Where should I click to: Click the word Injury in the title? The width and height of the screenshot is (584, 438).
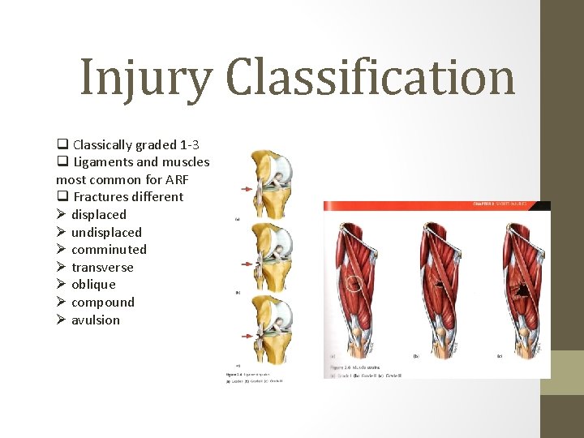(x=147, y=79)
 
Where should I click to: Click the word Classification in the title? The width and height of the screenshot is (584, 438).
(x=371, y=79)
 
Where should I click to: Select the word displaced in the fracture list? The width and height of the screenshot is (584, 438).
(x=99, y=214)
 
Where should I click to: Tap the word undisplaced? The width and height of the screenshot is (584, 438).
(x=106, y=232)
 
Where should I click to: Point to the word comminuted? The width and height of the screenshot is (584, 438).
(x=109, y=249)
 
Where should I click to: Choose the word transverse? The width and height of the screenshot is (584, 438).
(x=102, y=267)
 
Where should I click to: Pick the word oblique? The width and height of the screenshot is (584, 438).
(x=93, y=284)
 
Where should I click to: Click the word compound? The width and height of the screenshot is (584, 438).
(x=103, y=302)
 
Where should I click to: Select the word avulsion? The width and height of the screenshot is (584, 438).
(x=96, y=320)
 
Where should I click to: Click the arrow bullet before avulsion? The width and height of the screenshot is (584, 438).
(x=61, y=320)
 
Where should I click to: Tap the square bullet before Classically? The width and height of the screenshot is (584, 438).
(x=62, y=144)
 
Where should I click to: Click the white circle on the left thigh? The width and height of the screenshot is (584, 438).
(x=354, y=284)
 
